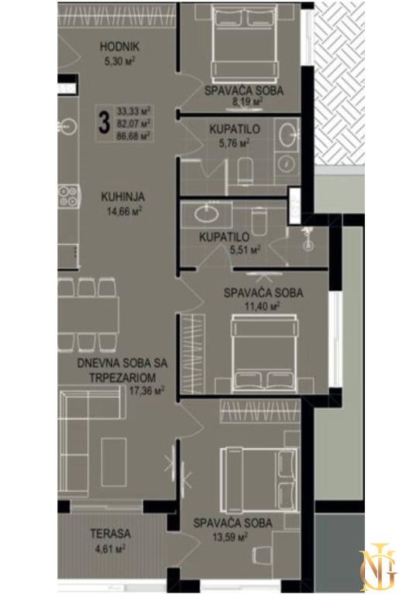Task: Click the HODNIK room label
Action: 119,47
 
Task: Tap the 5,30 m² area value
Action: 120,61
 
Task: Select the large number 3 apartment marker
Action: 104,124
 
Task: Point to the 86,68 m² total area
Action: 133,135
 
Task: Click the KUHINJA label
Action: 123,197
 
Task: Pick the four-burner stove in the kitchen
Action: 69,196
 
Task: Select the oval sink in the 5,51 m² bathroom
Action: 207,215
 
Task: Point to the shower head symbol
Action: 308,240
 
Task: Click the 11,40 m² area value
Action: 262,306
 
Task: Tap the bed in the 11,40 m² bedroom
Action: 265,353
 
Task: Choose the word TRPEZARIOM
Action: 122,377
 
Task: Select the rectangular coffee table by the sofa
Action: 114,462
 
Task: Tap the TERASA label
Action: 111,534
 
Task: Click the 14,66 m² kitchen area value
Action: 125,211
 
